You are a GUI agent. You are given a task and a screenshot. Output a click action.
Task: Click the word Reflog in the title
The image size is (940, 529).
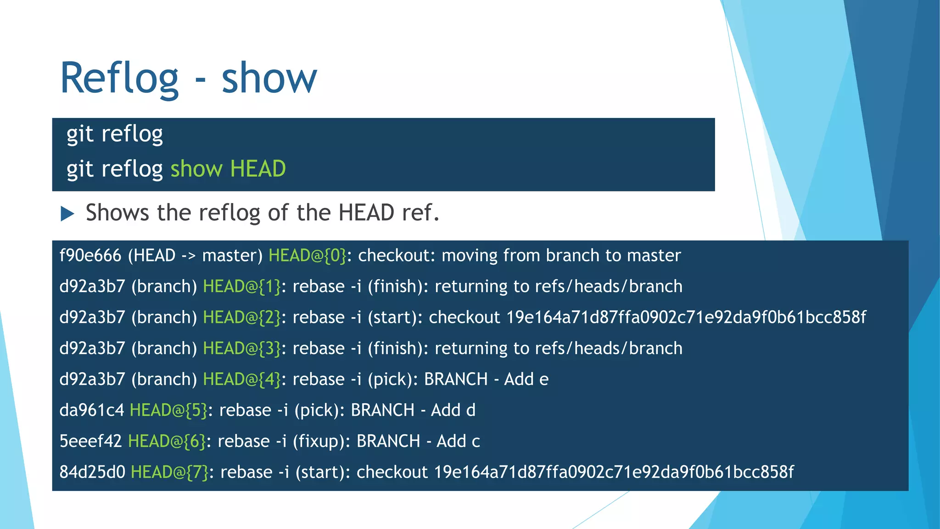[119, 79]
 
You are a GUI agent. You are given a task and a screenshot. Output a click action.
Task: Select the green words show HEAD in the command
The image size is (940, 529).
[228, 169]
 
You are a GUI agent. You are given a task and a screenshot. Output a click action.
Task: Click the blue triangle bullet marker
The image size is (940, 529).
[67, 214]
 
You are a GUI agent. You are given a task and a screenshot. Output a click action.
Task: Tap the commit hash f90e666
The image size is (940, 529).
[90, 255]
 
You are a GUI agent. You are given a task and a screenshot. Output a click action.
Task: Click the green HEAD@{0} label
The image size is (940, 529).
[308, 255]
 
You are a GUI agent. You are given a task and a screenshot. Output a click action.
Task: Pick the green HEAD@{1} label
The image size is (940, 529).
[242, 287]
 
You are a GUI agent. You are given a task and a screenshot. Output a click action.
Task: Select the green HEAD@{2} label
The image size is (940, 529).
[242, 317]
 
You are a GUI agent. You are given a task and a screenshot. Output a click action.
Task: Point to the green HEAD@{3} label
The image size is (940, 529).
[242, 349]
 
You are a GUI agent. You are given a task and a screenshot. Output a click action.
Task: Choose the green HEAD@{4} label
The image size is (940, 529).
[242, 379]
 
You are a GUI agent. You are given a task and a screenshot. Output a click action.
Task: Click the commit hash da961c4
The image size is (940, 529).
[92, 410]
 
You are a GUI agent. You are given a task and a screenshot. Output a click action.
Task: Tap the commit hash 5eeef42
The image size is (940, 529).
[90, 441]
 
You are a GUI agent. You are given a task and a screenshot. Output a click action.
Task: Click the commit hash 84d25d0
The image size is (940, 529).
[92, 472]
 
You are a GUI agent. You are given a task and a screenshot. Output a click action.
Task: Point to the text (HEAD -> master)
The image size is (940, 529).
[195, 255]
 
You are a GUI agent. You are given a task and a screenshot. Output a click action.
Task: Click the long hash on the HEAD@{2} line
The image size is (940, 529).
[686, 317]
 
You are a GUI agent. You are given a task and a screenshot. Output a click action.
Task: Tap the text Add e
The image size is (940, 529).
[526, 379]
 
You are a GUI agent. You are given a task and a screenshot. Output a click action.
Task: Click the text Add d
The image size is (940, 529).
[453, 410]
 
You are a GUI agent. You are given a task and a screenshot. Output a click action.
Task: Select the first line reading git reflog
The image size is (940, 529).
[115, 135]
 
